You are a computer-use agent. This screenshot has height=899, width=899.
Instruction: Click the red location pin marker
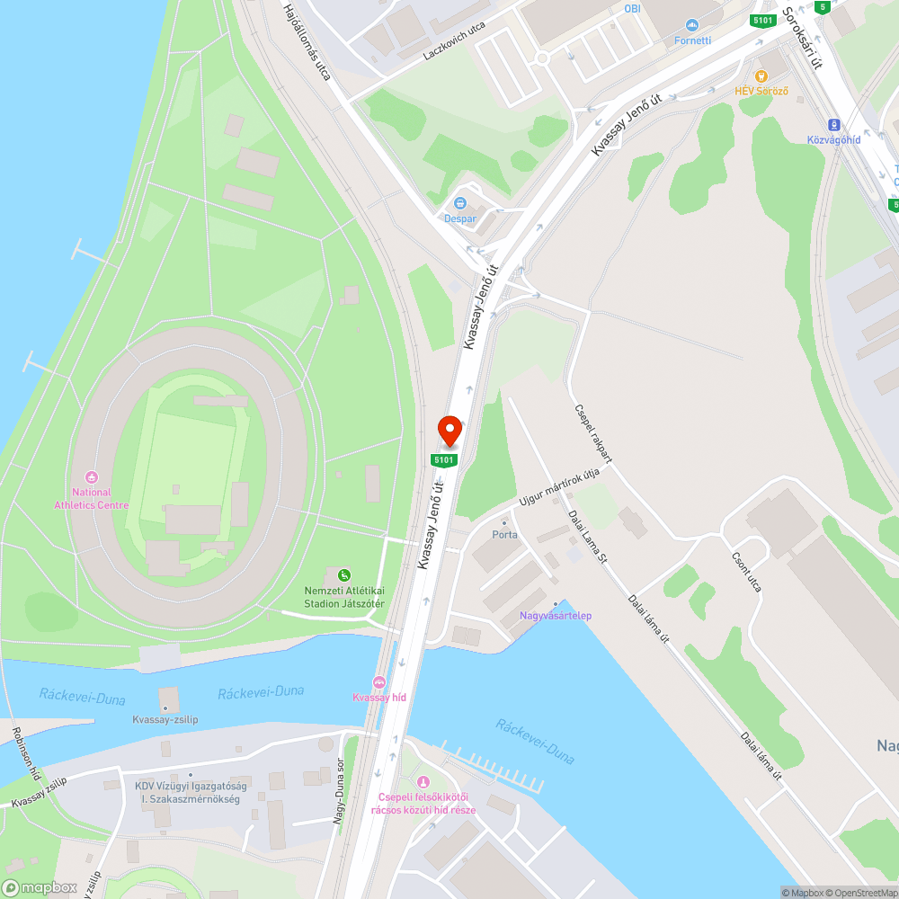(x=449, y=431)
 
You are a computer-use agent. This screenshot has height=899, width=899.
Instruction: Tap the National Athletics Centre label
(x=91, y=498)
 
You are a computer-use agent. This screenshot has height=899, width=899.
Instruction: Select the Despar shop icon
(x=460, y=203)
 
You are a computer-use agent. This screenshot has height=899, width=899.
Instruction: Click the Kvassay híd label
(x=379, y=698)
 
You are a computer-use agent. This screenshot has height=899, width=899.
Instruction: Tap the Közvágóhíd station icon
(x=833, y=125)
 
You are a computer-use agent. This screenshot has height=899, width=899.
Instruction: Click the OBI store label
(x=633, y=8)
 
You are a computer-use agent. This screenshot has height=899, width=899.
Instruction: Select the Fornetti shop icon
(x=691, y=25)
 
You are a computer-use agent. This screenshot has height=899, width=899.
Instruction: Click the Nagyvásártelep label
(x=556, y=615)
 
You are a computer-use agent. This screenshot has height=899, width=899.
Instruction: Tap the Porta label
(x=504, y=534)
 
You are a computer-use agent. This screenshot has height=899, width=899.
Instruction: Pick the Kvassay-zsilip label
(x=165, y=719)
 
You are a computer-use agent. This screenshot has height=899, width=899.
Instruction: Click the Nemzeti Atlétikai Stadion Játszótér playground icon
(x=343, y=575)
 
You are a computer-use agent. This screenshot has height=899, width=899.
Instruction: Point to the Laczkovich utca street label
(x=454, y=41)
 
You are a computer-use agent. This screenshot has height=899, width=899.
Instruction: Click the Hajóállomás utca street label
(x=307, y=42)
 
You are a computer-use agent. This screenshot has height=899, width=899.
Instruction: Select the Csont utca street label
(x=747, y=572)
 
